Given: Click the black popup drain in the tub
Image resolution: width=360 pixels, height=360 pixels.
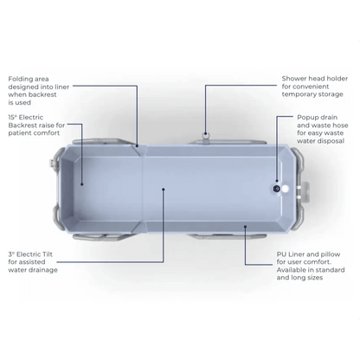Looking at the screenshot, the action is coord(277,189).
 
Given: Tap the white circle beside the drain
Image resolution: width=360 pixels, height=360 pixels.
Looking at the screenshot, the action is coord(286,189).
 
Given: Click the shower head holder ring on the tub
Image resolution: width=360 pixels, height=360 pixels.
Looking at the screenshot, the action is coord(205,134).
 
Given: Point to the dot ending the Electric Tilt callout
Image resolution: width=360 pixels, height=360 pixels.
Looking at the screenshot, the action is coord(164,190).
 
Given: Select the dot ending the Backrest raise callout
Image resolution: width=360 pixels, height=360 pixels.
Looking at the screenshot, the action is coord(82,184).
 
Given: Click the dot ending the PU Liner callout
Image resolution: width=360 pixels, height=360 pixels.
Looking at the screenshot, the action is coord(245,227).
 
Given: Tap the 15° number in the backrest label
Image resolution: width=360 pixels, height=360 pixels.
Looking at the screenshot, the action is coord(12,117).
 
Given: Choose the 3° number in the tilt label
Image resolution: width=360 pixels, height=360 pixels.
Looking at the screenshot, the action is coord(11,254).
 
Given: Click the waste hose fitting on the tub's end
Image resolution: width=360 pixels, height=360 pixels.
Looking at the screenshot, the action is coord(303,190).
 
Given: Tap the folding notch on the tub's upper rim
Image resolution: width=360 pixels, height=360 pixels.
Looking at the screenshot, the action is coord(138,150).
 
